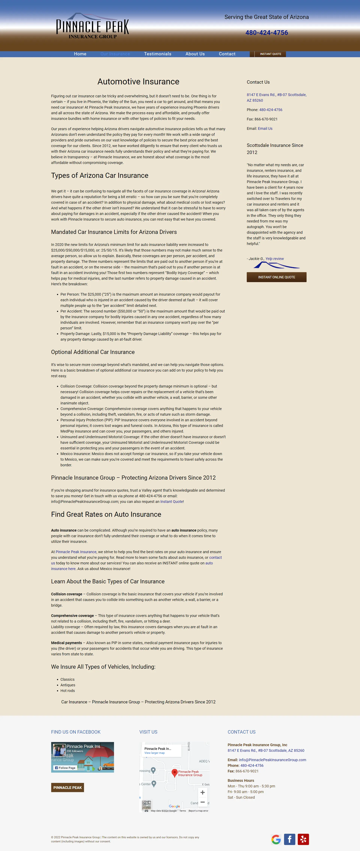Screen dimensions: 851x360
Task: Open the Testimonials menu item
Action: pyautogui.click(x=157, y=54)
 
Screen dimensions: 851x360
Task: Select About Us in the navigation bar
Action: pyautogui.click(x=195, y=54)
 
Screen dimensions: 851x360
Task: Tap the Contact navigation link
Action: pyautogui.click(x=227, y=54)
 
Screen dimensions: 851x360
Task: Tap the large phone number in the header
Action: pyautogui.click(x=267, y=33)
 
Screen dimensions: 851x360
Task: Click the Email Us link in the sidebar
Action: pyautogui.click(x=265, y=128)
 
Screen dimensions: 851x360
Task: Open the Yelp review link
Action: pyautogui.click(x=274, y=259)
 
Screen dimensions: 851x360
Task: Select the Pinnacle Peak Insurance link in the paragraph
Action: pyautogui.click(x=76, y=552)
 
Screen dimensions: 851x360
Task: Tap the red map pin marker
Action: pyautogui.click(x=175, y=772)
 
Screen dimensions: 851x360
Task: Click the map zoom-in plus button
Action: pyautogui.click(x=202, y=792)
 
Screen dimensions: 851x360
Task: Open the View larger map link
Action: pyautogui.click(x=154, y=753)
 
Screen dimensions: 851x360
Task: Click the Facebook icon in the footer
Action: pyautogui.click(x=289, y=839)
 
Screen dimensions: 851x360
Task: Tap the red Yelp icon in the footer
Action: pyautogui.click(x=303, y=839)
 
